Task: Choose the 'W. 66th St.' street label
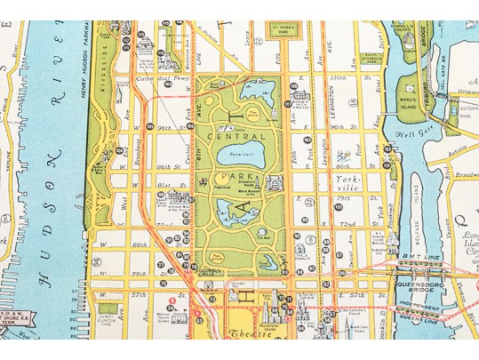click(x=133, y=244)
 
